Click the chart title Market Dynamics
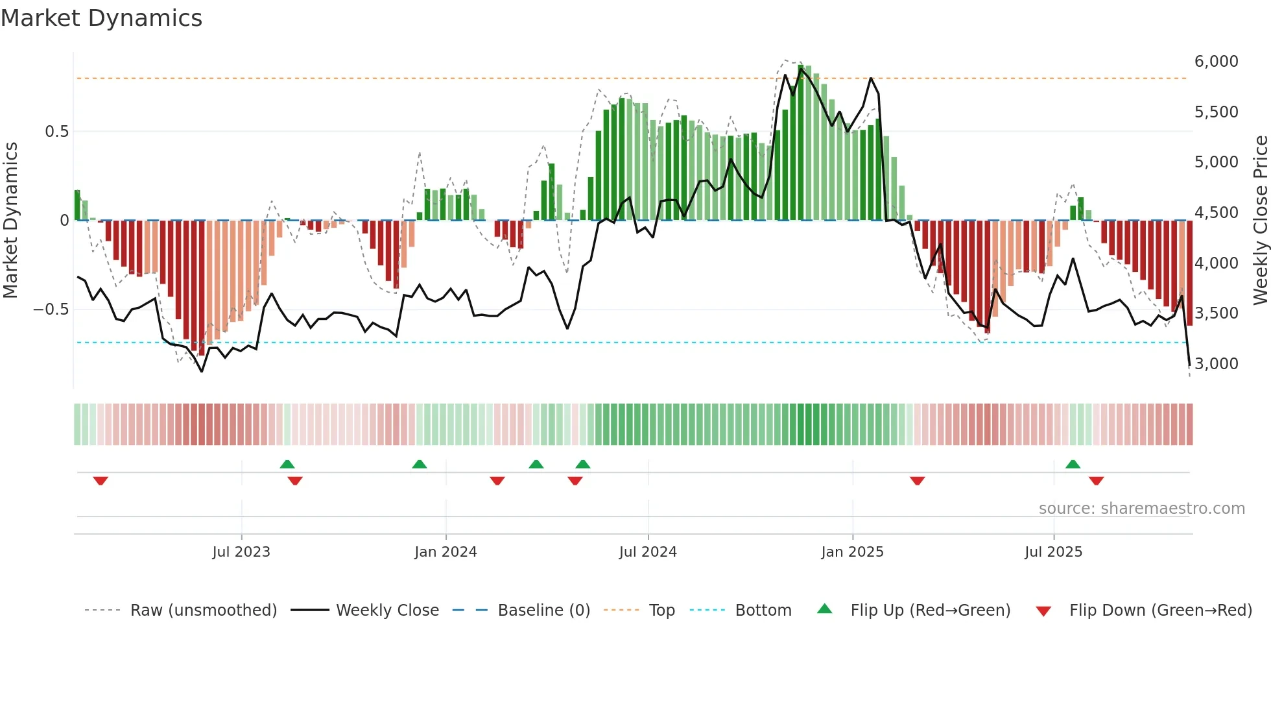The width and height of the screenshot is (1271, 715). [x=102, y=18]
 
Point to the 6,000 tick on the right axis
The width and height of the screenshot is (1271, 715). [x=1216, y=62]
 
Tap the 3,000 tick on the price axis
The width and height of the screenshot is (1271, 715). [x=1216, y=364]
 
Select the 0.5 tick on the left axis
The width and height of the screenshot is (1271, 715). [x=56, y=132]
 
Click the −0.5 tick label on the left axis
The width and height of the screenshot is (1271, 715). [x=51, y=309]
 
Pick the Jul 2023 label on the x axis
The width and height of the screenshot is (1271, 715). [x=241, y=552]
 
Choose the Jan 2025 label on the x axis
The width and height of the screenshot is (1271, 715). [x=852, y=552]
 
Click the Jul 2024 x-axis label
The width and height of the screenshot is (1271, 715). [x=648, y=552]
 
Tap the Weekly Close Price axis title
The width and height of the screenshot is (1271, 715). [x=1260, y=220]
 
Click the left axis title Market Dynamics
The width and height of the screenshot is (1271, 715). [x=10, y=220]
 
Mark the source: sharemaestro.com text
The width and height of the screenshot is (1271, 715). [x=1141, y=509]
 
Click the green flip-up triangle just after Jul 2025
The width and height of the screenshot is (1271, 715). [x=1073, y=464]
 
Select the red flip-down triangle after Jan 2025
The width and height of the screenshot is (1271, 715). [x=917, y=481]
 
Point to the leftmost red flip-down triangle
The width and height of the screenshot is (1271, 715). [x=101, y=481]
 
